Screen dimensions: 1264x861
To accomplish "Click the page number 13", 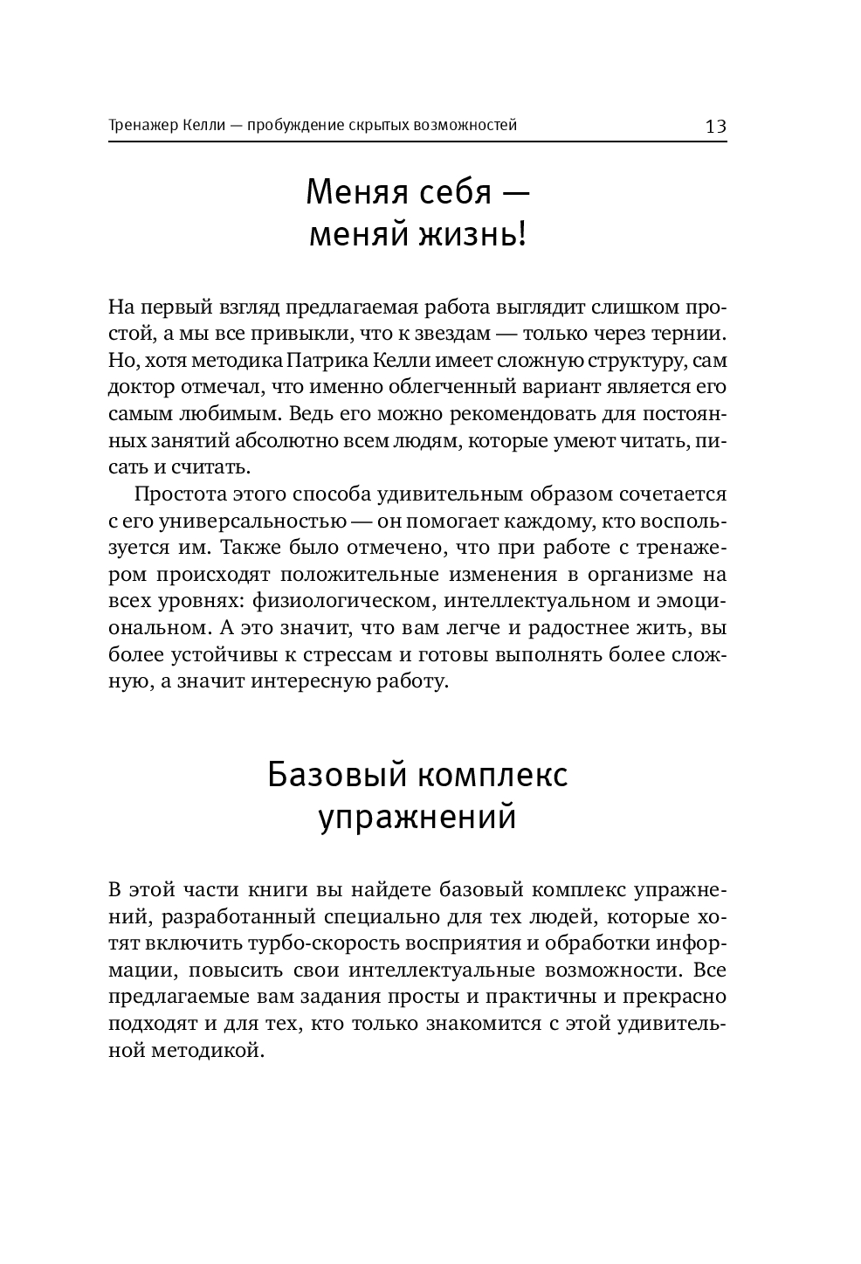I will (715, 126).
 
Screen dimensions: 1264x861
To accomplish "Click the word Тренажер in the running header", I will (144, 125).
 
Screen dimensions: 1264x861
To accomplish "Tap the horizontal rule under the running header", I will (417, 142).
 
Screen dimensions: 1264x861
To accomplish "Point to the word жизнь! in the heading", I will (476, 234).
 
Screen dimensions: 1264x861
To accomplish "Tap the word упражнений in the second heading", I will (417, 817).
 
